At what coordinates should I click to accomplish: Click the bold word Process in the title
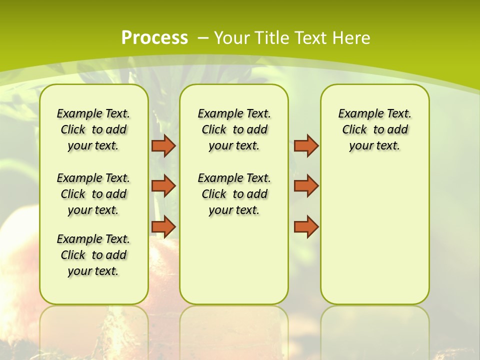154,38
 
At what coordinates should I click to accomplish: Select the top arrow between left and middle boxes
163,145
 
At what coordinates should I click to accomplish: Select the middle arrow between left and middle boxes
163,186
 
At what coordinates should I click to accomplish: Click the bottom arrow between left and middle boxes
163,226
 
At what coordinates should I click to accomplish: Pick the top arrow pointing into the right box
306,145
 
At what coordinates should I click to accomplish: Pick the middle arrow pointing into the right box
306,186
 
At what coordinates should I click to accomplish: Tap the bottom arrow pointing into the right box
306,226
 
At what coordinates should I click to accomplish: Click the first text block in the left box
93,129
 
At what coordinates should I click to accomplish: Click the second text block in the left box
93,194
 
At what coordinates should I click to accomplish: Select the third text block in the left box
93,255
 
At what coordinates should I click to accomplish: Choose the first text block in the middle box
234,129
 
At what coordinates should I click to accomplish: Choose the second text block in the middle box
234,194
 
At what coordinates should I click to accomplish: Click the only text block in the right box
374,129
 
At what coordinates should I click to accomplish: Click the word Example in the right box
356,113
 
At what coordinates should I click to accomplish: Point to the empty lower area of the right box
374,240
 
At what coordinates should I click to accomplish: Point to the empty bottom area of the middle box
234,265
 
